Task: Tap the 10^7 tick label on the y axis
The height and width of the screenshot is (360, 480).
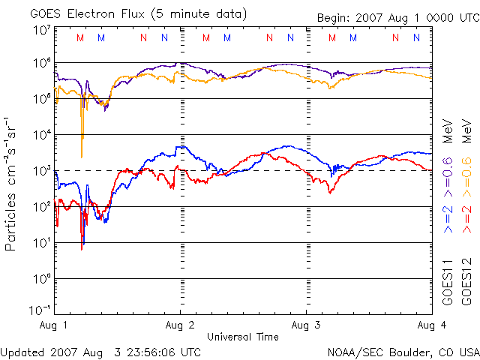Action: [42, 31]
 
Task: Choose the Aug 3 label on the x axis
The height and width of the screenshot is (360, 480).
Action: [305, 325]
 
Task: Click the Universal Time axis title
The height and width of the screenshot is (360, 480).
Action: [242, 337]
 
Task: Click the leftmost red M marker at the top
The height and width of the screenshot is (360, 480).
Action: [80, 37]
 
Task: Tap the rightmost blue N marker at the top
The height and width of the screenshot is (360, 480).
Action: [416, 37]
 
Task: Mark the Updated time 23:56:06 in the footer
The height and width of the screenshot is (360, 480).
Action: [154, 351]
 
